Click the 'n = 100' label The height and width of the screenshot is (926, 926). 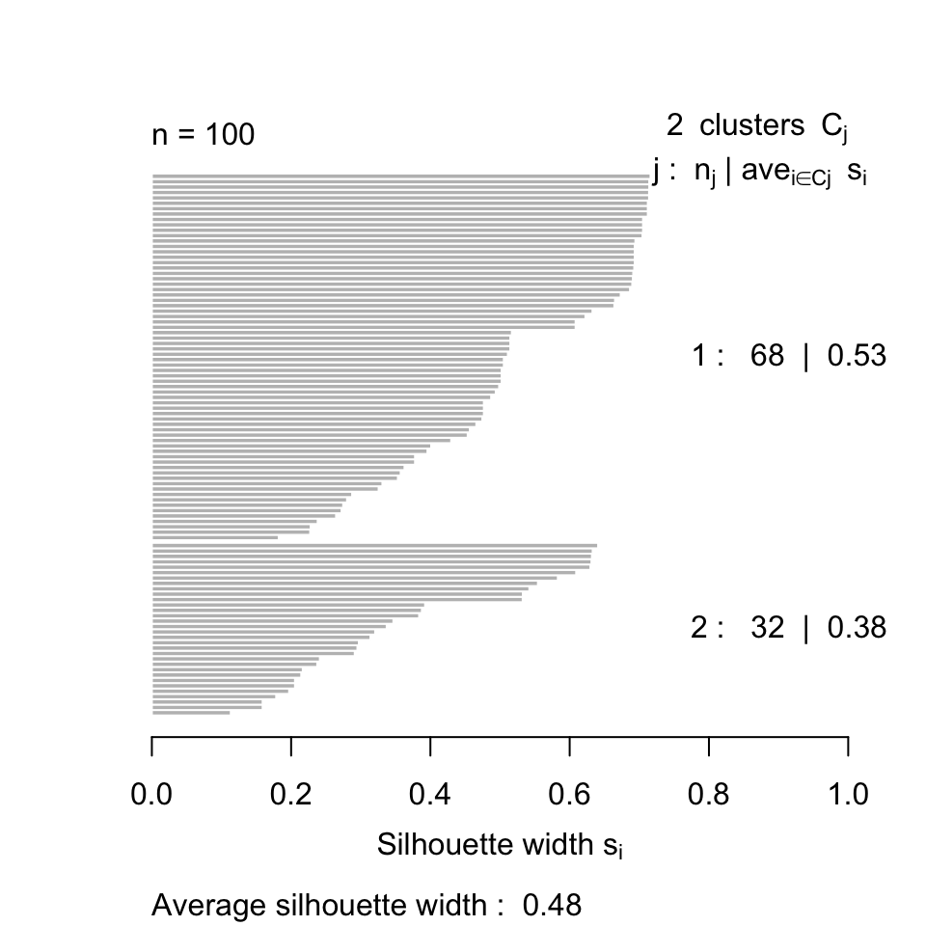pyautogui.click(x=204, y=135)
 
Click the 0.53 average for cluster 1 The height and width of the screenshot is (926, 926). pyautogui.click(x=857, y=357)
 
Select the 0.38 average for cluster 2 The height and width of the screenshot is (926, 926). pyautogui.click(x=857, y=628)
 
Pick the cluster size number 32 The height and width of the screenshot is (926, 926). pyautogui.click(x=768, y=628)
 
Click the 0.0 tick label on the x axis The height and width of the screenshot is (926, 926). pyautogui.click(x=152, y=795)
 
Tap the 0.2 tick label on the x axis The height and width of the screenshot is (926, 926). pyautogui.click(x=291, y=795)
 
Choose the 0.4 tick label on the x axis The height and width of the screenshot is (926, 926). pyautogui.click(x=430, y=795)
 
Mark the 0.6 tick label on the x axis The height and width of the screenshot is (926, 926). pyautogui.click(x=570, y=795)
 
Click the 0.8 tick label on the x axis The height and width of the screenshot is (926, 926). pyautogui.click(x=709, y=795)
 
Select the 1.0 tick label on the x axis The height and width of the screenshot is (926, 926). pyautogui.click(x=848, y=795)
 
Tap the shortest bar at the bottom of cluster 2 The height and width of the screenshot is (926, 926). pyautogui.click(x=191, y=713)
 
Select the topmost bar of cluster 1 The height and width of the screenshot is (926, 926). pyautogui.click(x=400, y=176)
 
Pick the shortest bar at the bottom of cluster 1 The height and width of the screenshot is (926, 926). pyautogui.click(x=215, y=537)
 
